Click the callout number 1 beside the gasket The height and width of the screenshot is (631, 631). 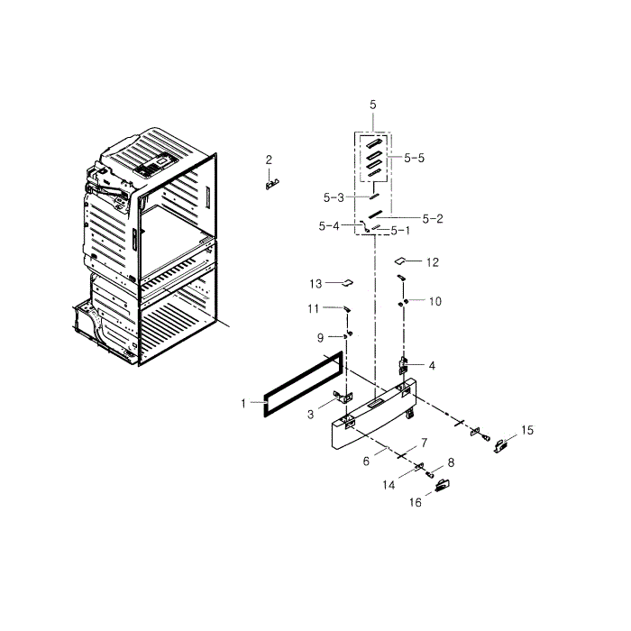point(242,403)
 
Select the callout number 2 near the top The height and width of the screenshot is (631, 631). point(269,160)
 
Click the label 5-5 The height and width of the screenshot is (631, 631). point(414,158)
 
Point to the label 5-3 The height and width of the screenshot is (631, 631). point(334,197)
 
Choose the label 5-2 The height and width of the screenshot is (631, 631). point(433,218)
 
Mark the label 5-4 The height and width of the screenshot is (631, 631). point(328,225)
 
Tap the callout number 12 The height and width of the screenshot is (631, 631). point(433,262)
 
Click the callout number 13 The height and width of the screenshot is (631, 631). point(315,283)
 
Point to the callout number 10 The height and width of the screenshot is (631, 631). point(435,301)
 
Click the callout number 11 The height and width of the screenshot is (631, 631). point(313,308)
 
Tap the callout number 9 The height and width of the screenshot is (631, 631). point(319,337)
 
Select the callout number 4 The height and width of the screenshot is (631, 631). point(433,365)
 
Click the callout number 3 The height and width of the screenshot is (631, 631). point(309,414)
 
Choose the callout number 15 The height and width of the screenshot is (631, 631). point(527,430)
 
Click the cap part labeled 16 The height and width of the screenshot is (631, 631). point(442,486)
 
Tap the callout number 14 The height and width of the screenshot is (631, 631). point(390,485)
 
